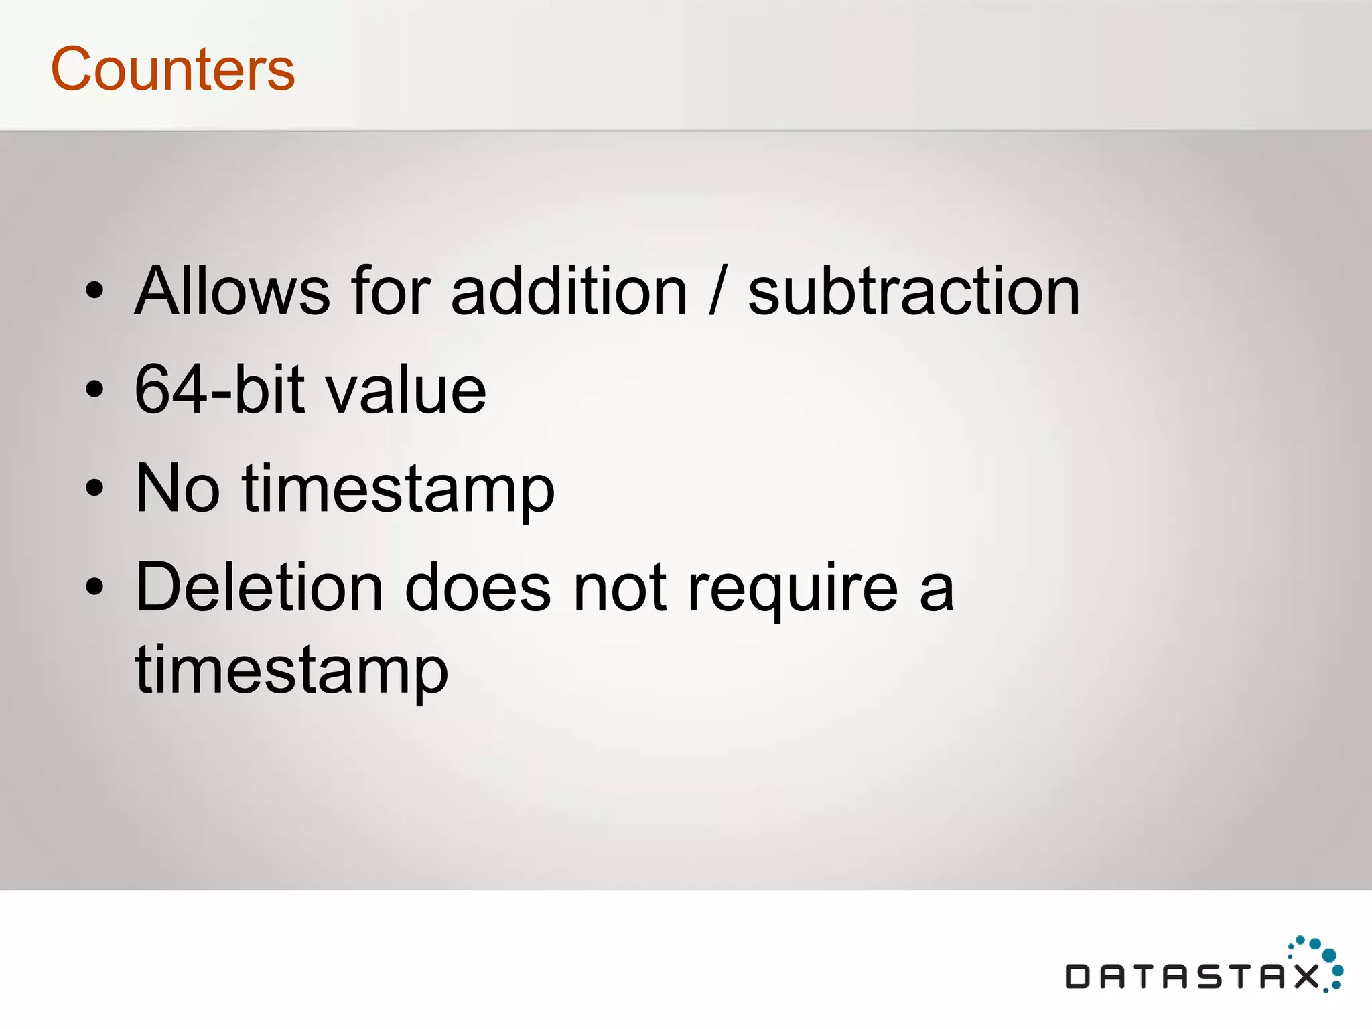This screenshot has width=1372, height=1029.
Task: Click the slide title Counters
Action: click(173, 69)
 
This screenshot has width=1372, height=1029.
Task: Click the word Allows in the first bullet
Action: click(232, 291)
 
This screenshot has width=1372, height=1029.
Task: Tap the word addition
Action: click(569, 291)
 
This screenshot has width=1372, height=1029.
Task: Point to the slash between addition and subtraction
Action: click(717, 292)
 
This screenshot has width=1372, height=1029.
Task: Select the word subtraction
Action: click(913, 291)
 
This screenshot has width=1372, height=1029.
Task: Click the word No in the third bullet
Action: click(178, 488)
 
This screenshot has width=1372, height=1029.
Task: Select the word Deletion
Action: click(259, 588)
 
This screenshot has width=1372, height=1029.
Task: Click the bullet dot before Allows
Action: click(95, 291)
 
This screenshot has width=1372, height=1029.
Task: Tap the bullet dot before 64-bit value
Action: click(95, 389)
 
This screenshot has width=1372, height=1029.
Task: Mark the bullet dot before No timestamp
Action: click(95, 488)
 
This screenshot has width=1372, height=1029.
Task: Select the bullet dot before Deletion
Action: click(95, 588)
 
